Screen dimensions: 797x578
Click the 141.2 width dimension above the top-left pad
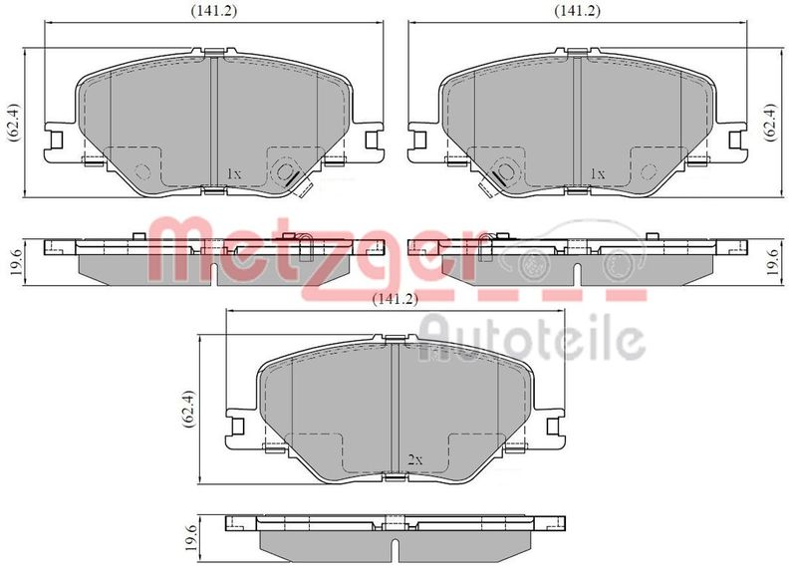(x=214, y=11)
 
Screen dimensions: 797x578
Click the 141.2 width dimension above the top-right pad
(x=578, y=11)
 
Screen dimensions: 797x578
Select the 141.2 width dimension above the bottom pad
(x=395, y=299)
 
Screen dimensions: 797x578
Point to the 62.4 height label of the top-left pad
(x=13, y=123)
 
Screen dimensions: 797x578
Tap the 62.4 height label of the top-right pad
(x=770, y=123)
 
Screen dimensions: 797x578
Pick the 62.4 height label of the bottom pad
(x=189, y=409)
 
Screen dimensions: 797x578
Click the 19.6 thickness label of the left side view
(x=15, y=262)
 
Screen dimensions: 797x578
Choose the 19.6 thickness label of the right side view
(x=773, y=262)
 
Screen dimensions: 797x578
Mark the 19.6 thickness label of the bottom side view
(x=190, y=537)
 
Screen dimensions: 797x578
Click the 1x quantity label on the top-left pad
(x=234, y=173)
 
